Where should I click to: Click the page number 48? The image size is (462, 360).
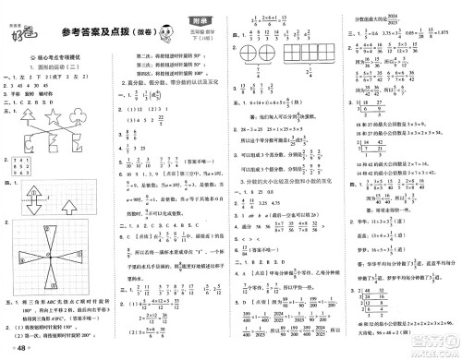pyautogui.click(x=21, y=349)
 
